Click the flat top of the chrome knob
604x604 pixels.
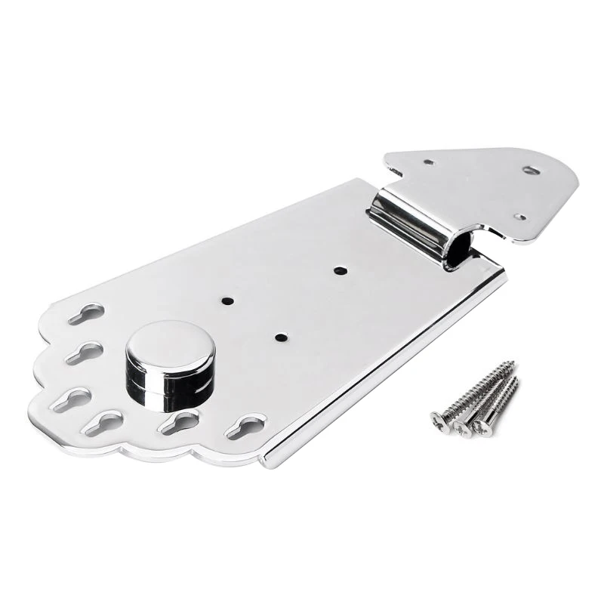170,344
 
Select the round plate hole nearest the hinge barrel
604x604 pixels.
337,269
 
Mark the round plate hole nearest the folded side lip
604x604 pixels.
281,337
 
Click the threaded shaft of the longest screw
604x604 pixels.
479,389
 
